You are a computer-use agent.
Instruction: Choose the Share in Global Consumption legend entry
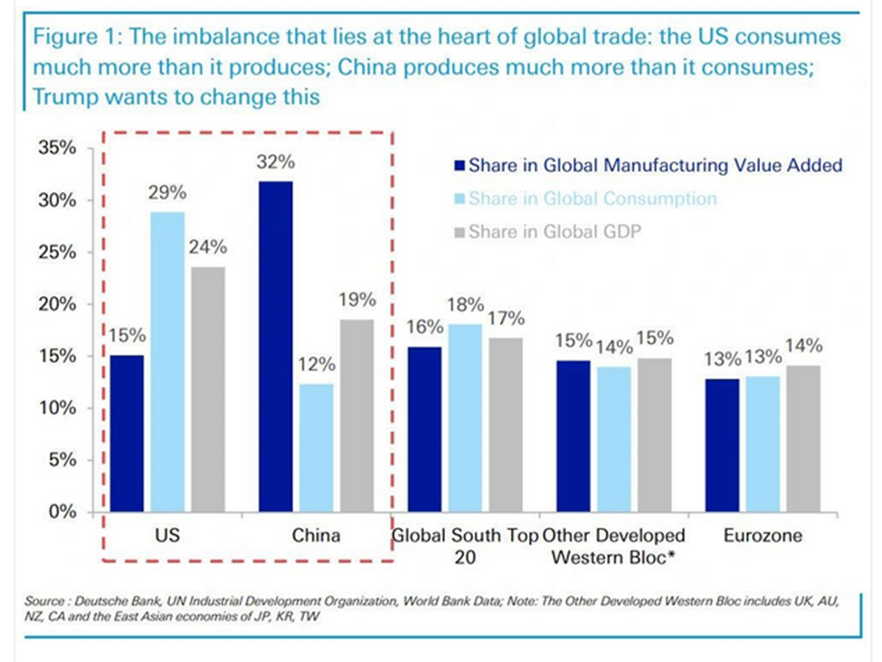pyautogui.click(x=593, y=198)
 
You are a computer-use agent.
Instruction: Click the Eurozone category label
pyautogui.click(x=762, y=536)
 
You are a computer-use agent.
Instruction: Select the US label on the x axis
pyautogui.click(x=167, y=536)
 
